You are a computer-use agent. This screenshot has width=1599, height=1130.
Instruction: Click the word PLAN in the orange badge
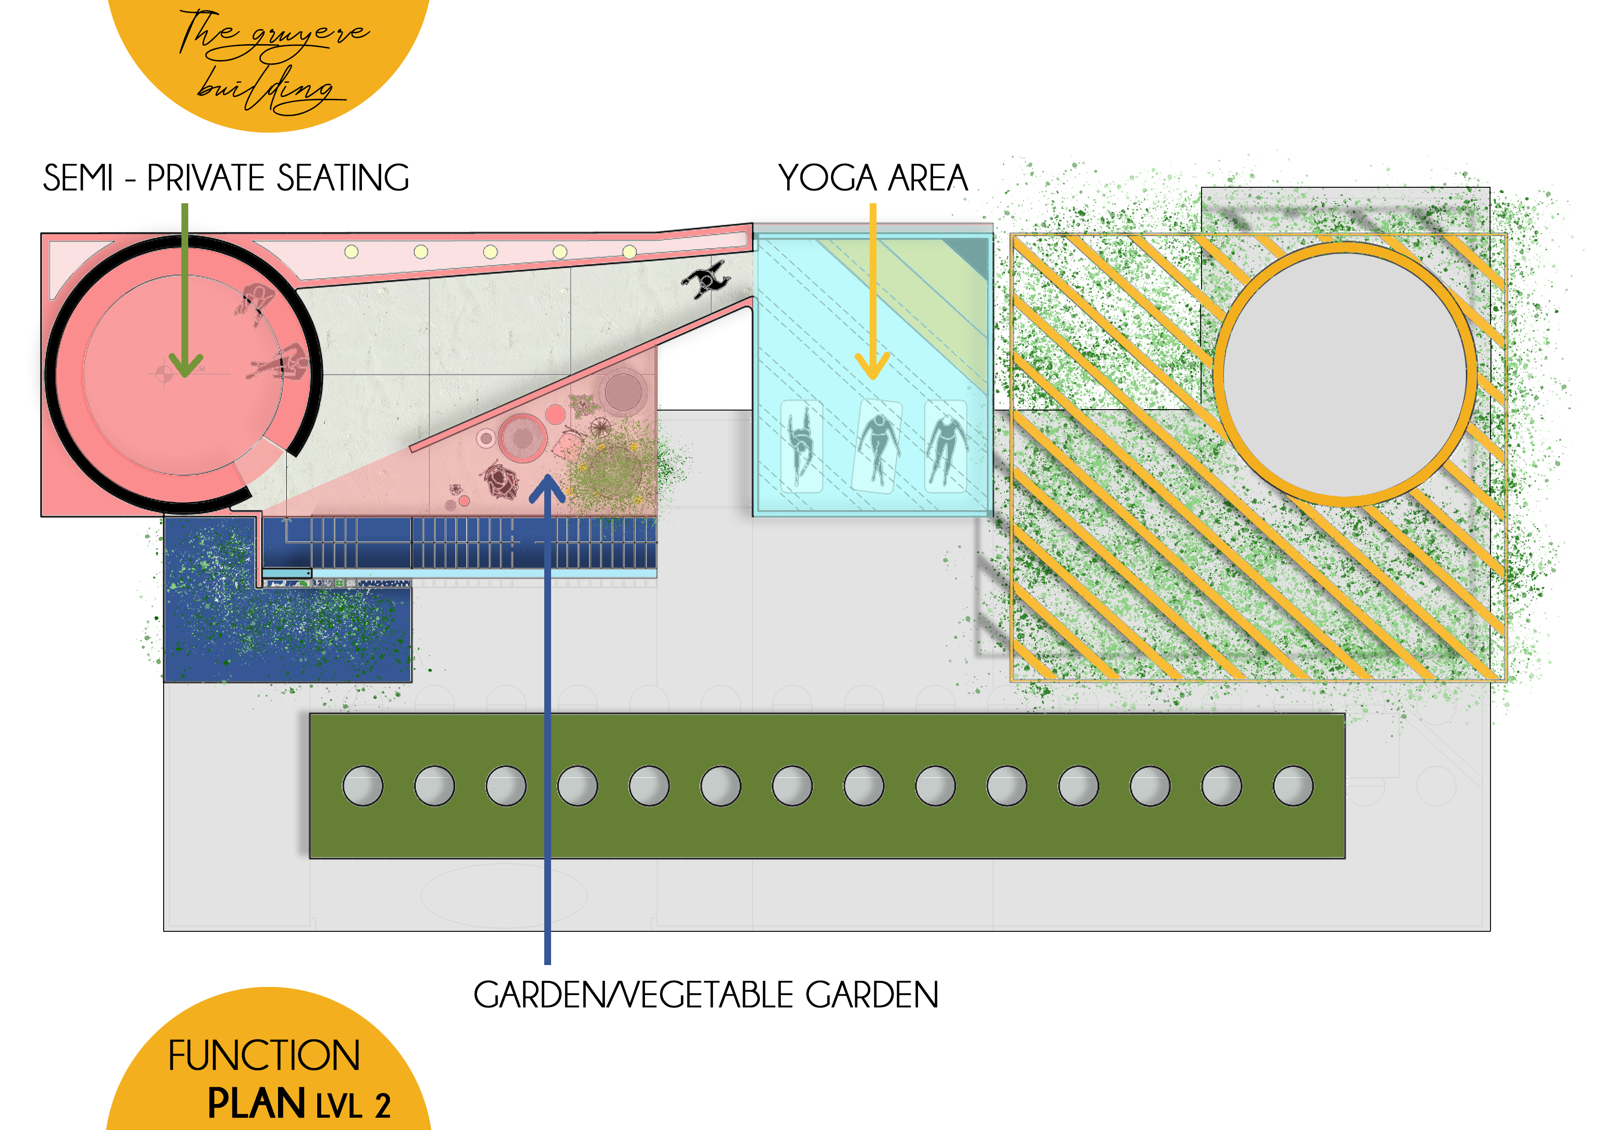tap(256, 1104)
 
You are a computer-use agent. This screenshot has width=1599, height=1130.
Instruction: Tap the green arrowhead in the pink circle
tap(185, 364)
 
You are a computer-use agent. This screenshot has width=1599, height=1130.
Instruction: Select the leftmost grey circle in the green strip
tap(363, 786)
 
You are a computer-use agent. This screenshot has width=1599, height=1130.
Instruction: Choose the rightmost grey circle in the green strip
tap(1293, 786)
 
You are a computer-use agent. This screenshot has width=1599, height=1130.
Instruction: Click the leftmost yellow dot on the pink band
tap(352, 252)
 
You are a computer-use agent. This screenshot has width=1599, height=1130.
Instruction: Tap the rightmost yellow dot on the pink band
tap(629, 252)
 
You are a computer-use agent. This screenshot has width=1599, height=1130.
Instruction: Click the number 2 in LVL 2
tap(382, 1106)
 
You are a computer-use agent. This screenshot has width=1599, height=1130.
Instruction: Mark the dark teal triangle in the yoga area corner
tap(975, 255)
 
